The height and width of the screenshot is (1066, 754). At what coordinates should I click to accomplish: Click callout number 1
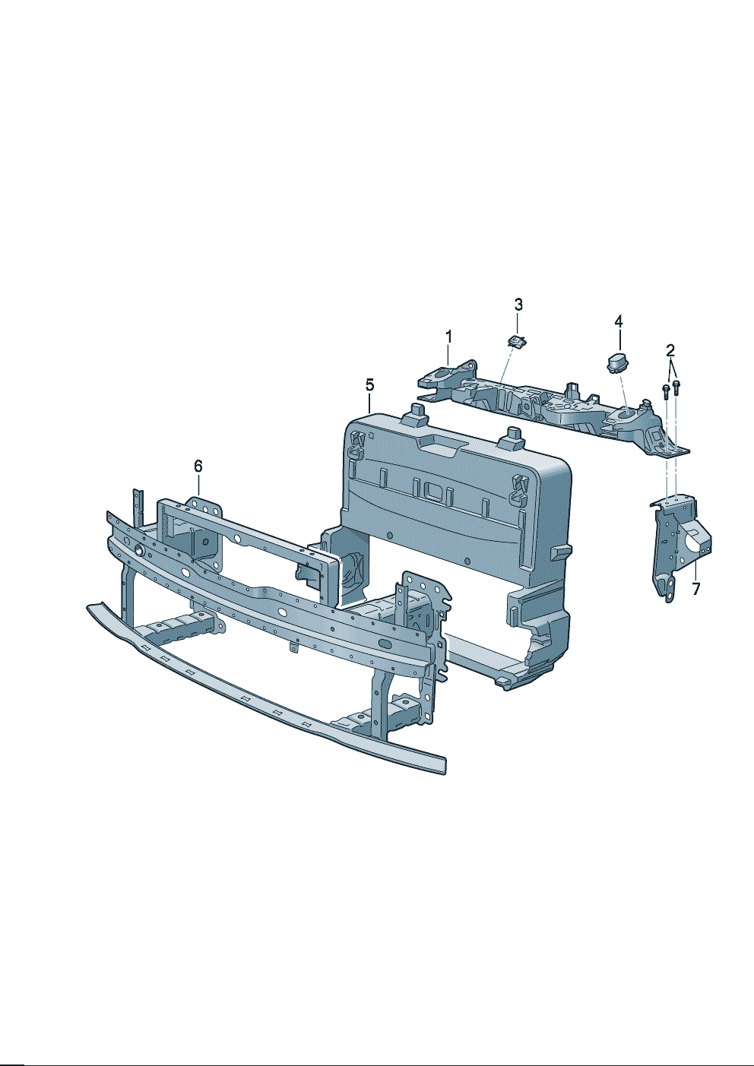[x=448, y=337]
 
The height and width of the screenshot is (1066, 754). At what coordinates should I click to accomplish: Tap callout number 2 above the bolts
[x=670, y=351]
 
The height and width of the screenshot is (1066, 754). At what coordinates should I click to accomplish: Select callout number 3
[x=518, y=304]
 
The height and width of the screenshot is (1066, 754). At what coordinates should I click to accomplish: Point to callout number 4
[x=619, y=321]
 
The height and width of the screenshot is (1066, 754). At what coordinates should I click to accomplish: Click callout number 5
[x=370, y=384]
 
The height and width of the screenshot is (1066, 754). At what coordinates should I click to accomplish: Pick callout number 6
[x=198, y=466]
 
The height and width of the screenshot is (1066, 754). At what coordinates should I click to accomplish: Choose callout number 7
[x=696, y=589]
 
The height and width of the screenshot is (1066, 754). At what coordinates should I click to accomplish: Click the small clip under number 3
[x=516, y=340]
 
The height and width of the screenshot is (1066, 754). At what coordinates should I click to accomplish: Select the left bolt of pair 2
[x=667, y=391]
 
